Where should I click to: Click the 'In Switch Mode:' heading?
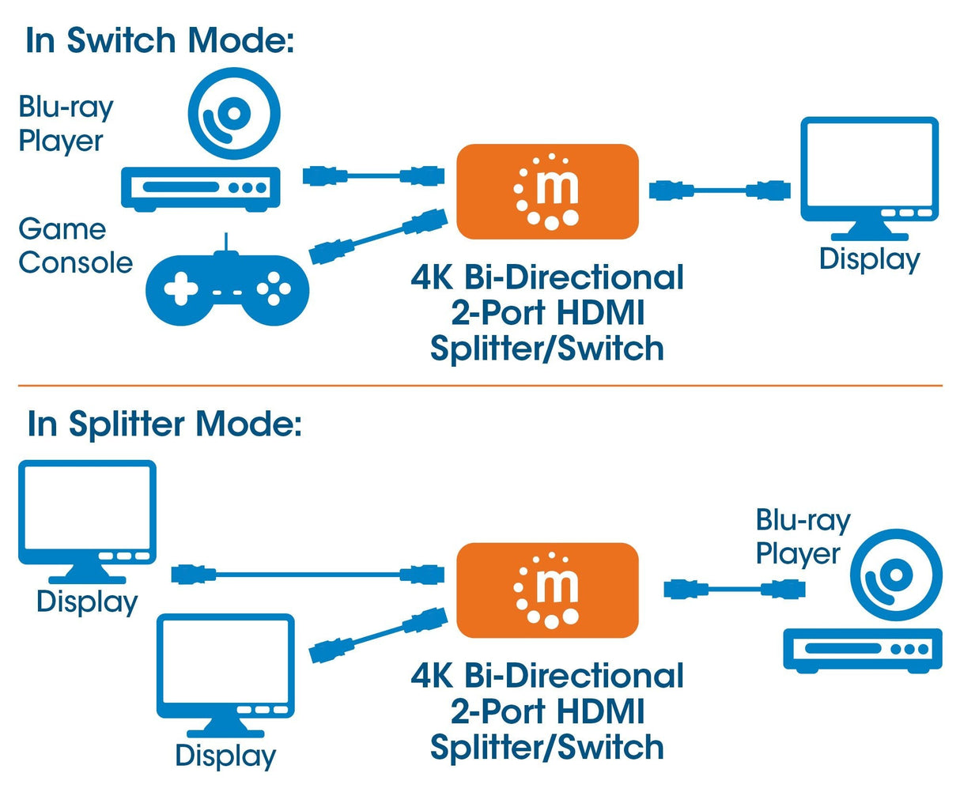[x=159, y=40]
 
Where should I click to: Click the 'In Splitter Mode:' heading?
[x=164, y=424]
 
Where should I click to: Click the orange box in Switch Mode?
[x=547, y=191]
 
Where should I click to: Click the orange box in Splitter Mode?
[x=547, y=590]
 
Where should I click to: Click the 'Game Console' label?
[x=75, y=246]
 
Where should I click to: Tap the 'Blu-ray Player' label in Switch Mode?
[x=66, y=124]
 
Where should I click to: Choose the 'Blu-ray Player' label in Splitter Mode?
[x=802, y=537]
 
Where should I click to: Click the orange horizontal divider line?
[x=479, y=386]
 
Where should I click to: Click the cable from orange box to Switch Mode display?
[x=720, y=190]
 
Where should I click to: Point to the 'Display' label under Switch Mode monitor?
[x=869, y=259]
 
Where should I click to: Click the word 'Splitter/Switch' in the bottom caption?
[x=547, y=747]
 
